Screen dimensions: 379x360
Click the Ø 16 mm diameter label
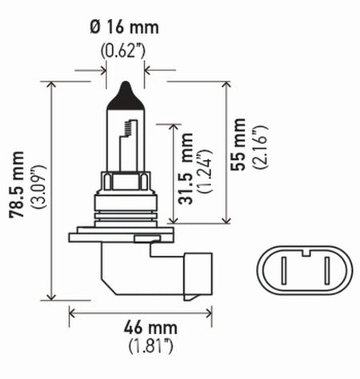click(126, 26)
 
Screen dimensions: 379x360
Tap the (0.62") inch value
click(125, 52)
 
